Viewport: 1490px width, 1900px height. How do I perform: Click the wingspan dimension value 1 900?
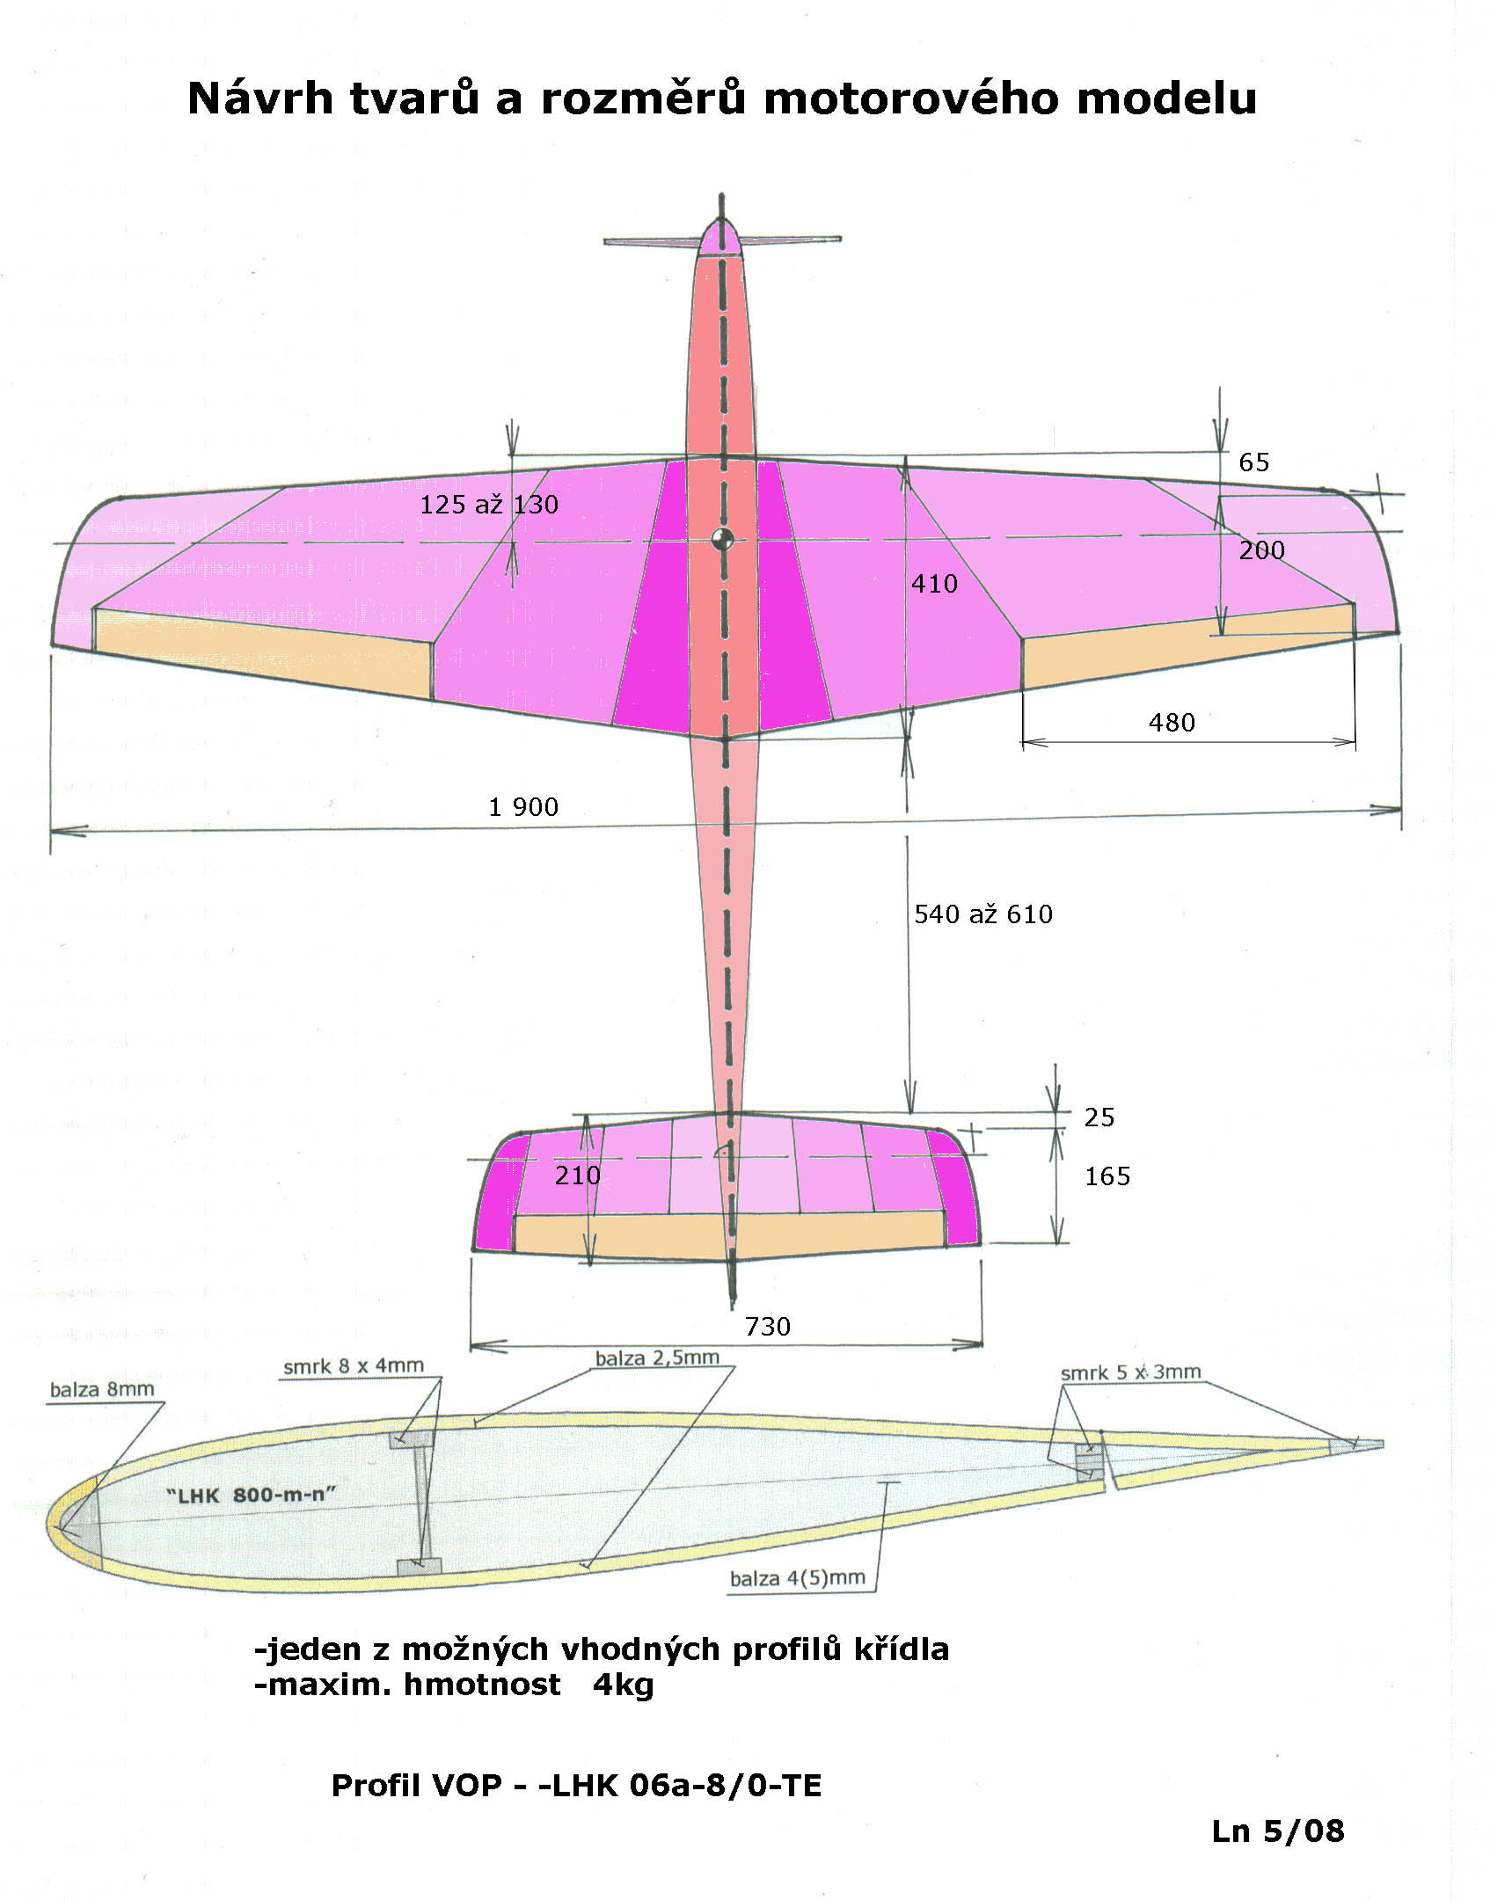523,807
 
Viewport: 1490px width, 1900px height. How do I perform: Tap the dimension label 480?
1172,723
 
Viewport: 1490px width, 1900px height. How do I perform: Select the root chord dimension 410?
934,583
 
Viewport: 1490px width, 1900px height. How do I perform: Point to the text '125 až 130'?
489,504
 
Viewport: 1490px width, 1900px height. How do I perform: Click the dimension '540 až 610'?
983,914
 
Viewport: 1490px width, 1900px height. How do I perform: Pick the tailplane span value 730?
767,1326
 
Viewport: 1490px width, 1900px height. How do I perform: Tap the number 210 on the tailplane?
577,1175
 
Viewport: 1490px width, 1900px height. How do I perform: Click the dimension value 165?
1107,1176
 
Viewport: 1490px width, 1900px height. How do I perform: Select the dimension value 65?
1254,462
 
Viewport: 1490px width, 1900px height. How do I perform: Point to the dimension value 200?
1262,550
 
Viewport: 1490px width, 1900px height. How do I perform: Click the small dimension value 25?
1099,1117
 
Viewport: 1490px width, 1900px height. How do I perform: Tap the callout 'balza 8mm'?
102,1389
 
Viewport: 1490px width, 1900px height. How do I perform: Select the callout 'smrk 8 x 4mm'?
354,1366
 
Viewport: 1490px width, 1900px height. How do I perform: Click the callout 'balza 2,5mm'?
657,1358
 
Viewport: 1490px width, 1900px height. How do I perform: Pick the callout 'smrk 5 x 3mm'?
1130,1372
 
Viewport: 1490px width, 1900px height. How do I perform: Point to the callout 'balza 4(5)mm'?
798,1577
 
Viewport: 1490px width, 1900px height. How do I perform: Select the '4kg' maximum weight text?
624,1685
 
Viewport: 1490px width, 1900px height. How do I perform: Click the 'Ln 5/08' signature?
1278,1831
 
